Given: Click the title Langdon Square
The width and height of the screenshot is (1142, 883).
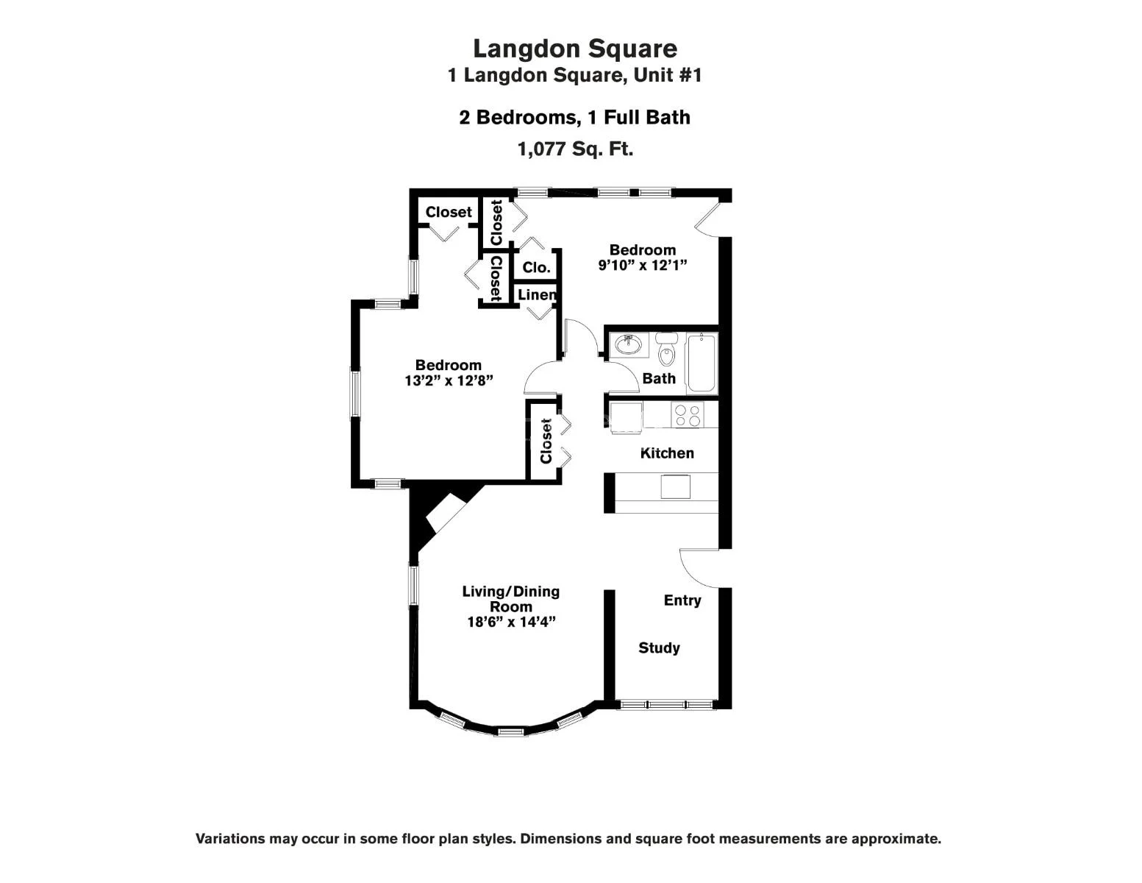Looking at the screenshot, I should point(574,49).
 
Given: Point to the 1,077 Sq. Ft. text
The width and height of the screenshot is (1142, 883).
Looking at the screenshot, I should point(575,149).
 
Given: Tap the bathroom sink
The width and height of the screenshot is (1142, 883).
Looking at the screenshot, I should point(627,344).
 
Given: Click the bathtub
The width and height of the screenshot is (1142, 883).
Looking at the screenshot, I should point(701,363).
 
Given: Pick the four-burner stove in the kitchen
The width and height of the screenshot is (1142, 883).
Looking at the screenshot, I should point(688,416).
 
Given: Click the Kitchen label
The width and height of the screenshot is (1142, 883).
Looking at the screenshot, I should point(667,453).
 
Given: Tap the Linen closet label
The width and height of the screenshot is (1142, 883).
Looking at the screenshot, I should point(536,294).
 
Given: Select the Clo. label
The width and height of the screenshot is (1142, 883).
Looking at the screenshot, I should point(536,267).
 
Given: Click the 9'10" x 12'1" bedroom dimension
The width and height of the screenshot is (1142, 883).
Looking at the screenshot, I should point(642,266).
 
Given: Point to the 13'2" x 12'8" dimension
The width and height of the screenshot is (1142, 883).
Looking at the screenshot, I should point(448,381).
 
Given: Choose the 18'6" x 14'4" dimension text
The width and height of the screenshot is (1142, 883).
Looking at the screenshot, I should point(510,623).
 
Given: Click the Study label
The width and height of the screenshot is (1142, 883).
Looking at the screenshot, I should point(659,648).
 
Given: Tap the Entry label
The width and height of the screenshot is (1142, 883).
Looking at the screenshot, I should point(682,600).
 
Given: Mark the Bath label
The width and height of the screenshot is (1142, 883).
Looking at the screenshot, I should point(659,378).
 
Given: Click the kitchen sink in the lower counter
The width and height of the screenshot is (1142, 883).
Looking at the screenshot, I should point(675,486).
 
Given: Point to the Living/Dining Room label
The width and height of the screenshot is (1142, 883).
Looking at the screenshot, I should point(510,598).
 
